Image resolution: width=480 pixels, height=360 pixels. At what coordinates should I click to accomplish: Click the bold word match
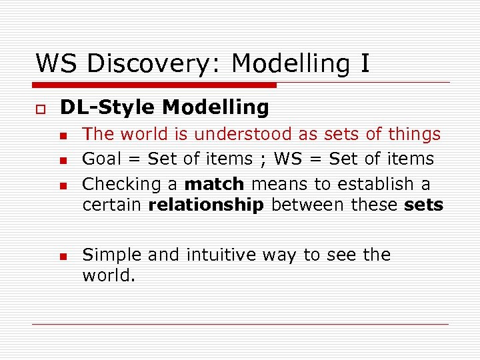pos(214,184)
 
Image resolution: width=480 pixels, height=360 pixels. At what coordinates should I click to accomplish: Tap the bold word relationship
pos(206,205)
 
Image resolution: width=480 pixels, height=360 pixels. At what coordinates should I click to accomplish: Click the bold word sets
pos(423,205)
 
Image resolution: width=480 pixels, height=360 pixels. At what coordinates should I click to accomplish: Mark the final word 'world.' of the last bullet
pos(109,275)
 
